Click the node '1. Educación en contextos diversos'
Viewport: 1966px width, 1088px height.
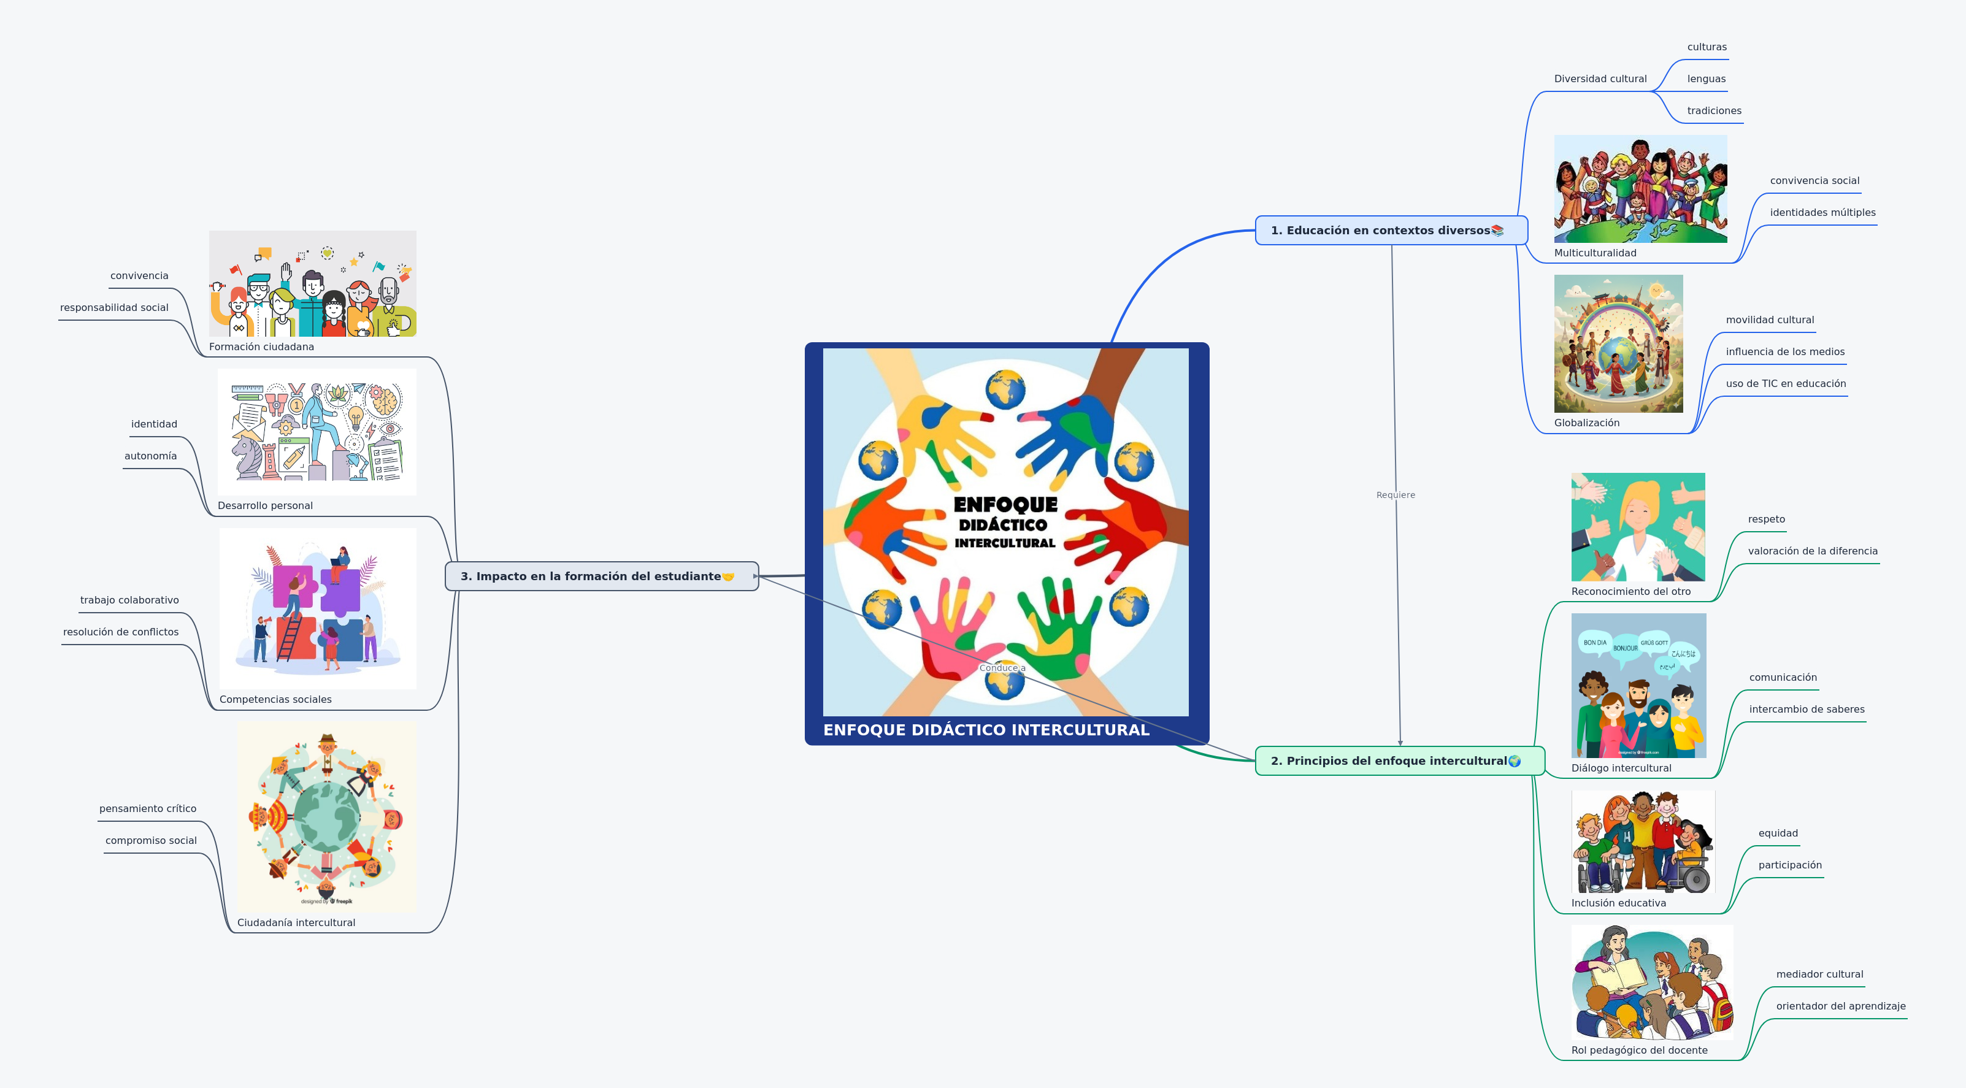click(1386, 231)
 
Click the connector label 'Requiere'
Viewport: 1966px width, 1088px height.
click(1395, 495)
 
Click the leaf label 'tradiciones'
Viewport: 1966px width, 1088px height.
click(1713, 110)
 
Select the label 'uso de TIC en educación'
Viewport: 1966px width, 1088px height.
click(1785, 384)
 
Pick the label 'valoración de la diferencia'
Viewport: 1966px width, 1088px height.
click(1812, 551)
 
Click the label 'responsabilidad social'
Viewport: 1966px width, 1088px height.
click(115, 307)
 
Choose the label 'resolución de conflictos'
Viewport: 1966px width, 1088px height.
click(121, 632)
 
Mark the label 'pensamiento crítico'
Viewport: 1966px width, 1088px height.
click(147, 809)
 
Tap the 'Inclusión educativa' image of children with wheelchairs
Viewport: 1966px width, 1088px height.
click(1642, 841)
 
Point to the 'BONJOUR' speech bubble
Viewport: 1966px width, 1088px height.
click(1625, 648)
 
